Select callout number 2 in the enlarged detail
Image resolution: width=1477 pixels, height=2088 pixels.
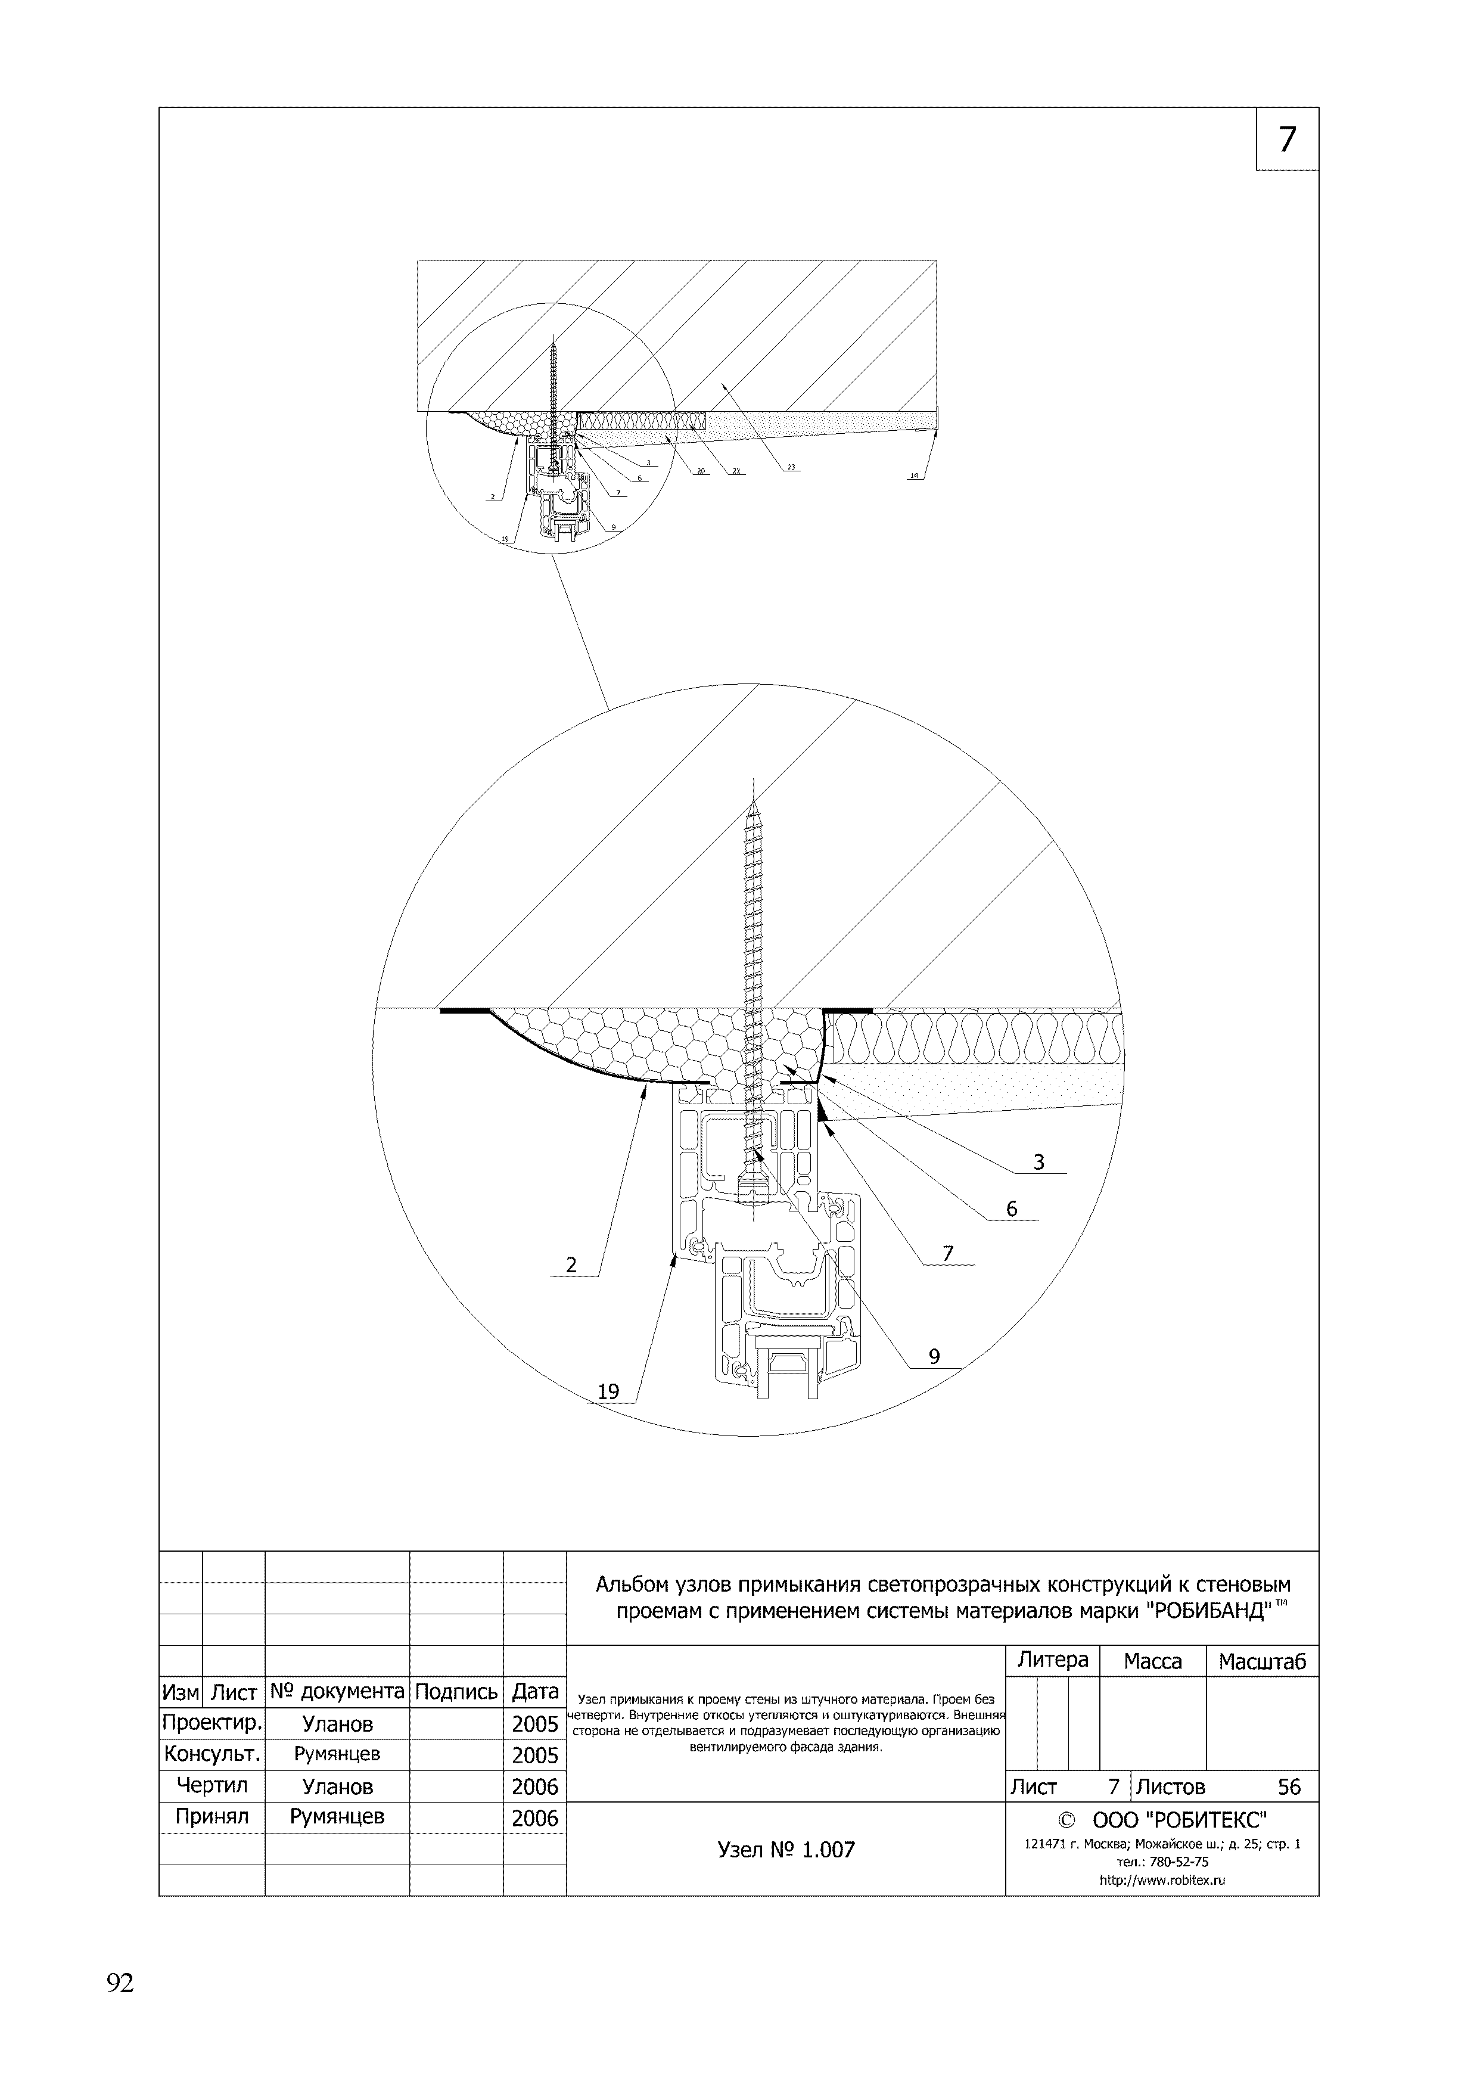pyautogui.click(x=571, y=1265)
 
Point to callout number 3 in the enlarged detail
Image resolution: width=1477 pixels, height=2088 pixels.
pyautogui.click(x=1038, y=1162)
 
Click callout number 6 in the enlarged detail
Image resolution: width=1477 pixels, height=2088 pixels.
pyautogui.click(x=1011, y=1208)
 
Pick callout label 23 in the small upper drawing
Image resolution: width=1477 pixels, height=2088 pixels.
pyautogui.click(x=791, y=467)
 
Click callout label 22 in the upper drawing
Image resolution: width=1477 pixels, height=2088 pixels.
pyautogui.click(x=736, y=471)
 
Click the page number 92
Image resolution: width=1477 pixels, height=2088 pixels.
pyautogui.click(x=120, y=1983)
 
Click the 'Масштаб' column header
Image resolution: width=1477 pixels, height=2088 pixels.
pyautogui.click(x=1261, y=1661)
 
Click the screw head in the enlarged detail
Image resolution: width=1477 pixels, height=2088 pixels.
pyautogui.click(x=754, y=1189)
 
